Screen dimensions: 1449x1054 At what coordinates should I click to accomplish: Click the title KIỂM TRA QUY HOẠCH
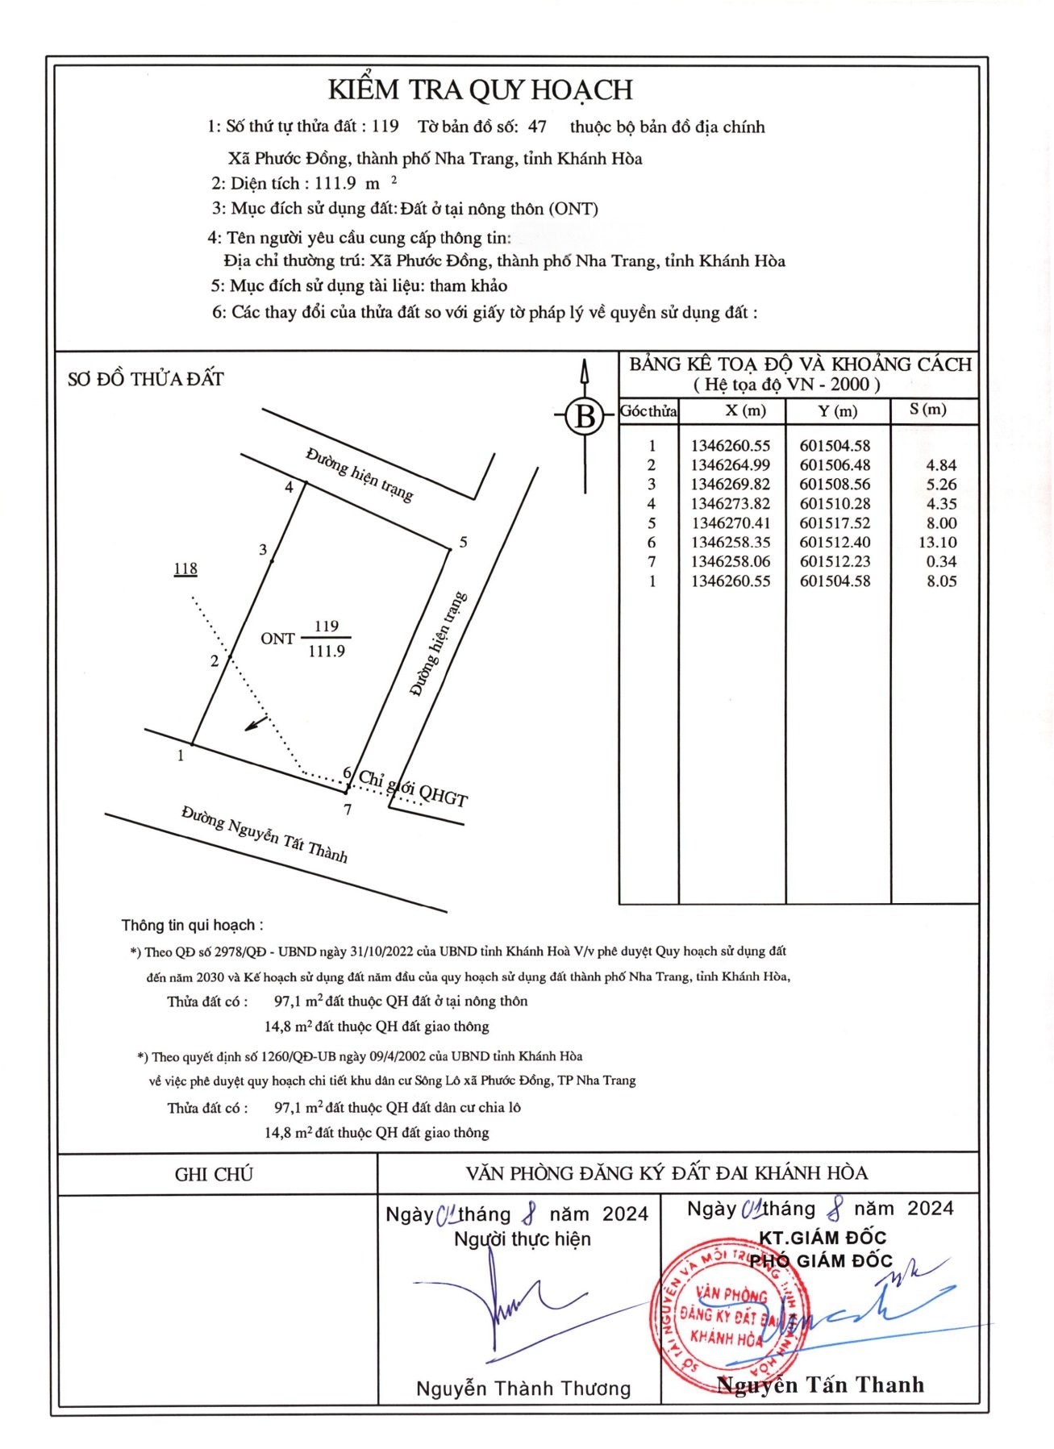tap(481, 90)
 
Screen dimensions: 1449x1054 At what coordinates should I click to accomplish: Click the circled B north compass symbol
tap(585, 417)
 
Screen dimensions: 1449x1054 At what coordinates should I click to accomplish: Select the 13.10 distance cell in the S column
tap(937, 543)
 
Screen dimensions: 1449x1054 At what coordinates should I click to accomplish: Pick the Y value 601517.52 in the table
tap(835, 523)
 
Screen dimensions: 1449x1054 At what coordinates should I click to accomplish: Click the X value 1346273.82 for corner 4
tap(730, 504)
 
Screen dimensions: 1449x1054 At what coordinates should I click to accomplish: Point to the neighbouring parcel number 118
tap(185, 568)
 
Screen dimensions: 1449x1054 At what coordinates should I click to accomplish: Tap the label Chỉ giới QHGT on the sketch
tap(413, 789)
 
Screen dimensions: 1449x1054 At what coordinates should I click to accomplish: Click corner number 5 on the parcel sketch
tap(463, 543)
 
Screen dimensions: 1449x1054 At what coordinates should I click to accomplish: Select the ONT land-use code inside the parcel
tap(277, 639)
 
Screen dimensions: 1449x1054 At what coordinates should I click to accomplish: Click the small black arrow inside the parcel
tap(256, 723)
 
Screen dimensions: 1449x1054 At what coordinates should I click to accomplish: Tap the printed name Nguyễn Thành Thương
tap(523, 1388)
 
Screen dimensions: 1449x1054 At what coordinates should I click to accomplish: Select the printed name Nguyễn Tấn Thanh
tap(820, 1384)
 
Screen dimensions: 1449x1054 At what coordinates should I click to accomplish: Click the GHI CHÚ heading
tap(214, 1174)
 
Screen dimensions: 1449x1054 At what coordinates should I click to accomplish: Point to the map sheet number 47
tap(537, 127)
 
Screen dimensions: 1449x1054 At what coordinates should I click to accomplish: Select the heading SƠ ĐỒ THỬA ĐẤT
tap(146, 379)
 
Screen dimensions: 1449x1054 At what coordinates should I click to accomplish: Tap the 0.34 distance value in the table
tap(941, 562)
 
